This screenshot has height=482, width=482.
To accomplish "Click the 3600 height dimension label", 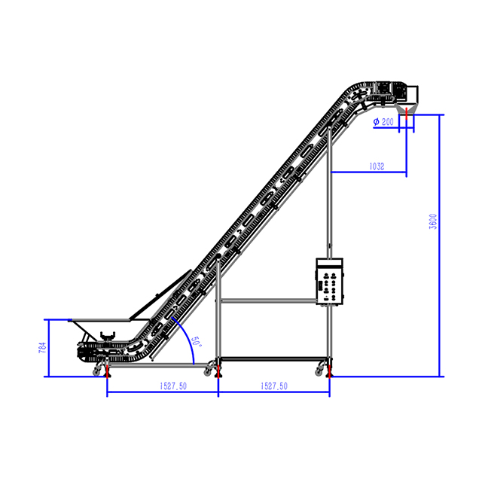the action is (x=433, y=221).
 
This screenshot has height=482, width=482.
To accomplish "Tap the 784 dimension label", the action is (x=43, y=347).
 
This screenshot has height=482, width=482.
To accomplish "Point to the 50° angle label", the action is (x=196, y=342).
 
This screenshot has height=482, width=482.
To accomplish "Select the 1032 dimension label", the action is (x=377, y=166).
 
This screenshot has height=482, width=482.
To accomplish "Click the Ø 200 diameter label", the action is (x=383, y=122).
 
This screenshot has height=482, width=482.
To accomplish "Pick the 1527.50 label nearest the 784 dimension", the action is (x=173, y=386).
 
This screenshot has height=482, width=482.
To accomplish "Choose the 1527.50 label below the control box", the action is (x=274, y=386).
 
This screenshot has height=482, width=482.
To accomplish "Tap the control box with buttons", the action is (x=329, y=282).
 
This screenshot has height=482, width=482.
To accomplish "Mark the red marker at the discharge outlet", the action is (x=407, y=114).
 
